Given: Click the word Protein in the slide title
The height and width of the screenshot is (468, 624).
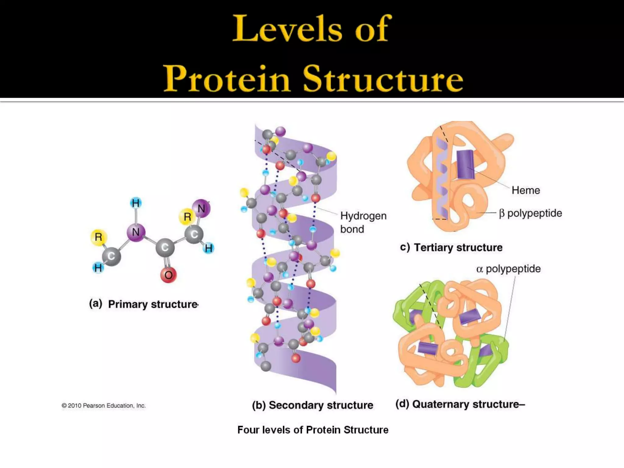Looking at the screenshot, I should [x=227, y=79].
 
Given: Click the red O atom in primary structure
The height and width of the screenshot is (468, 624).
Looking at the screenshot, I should [x=168, y=275].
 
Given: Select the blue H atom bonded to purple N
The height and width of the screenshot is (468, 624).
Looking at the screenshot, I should [x=136, y=203].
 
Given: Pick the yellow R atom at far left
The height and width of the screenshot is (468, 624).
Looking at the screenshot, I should [x=98, y=237].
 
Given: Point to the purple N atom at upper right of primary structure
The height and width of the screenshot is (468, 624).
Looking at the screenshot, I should [x=201, y=209].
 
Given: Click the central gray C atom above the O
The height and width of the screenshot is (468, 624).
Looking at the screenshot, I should [x=165, y=247].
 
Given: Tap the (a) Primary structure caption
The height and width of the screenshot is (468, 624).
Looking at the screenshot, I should [x=144, y=304].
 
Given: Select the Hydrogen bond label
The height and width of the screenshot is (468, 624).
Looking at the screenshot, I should [x=363, y=222].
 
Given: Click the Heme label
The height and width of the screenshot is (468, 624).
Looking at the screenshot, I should [x=526, y=190].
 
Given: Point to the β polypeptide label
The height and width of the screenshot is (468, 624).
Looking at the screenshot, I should [x=530, y=213].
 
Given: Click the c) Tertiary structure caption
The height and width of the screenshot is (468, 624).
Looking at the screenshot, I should [x=451, y=247].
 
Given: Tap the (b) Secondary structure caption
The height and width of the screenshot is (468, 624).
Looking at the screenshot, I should [x=312, y=405].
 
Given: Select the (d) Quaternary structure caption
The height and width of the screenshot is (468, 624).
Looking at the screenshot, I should [x=460, y=404].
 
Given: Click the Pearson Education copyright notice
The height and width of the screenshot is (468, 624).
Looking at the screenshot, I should [x=104, y=406].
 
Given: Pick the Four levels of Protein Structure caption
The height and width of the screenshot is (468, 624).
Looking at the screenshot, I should [x=313, y=430].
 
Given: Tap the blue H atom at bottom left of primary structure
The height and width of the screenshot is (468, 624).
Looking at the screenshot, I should [x=98, y=268].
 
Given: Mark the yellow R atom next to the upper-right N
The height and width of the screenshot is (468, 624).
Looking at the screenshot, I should [x=187, y=217].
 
